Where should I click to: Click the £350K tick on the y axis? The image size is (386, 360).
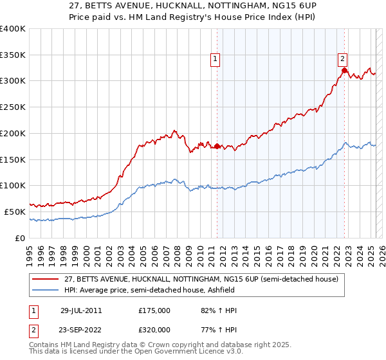point(13,55)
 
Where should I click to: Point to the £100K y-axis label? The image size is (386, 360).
point(13,186)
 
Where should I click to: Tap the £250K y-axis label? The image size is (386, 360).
point(13,107)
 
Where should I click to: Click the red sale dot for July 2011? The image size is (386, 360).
point(217,147)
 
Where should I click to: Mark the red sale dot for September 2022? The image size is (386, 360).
point(344,71)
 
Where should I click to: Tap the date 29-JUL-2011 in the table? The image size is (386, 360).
point(81,310)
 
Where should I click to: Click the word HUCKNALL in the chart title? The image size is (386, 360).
point(149,6)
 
